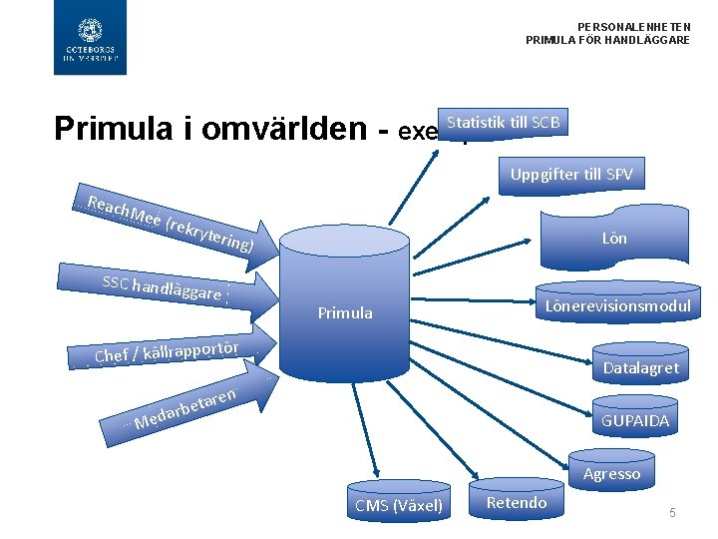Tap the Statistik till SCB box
pyautogui.click(x=503, y=123)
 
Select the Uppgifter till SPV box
pyautogui.click(x=571, y=175)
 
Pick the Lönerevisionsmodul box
pyautogui.click(x=618, y=305)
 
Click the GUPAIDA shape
pyautogui.click(x=634, y=420)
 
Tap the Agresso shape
pyautogui.click(x=611, y=473)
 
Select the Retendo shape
pyautogui.click(x=516, y=502)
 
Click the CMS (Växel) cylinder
pyautogui.click(x=399, y=504)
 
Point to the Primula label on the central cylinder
pyautogui.click(x=344, y=313)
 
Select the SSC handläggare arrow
pyautogui.click(x=170, y=290)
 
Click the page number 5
pyautogui.click(x=672, y=512)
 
